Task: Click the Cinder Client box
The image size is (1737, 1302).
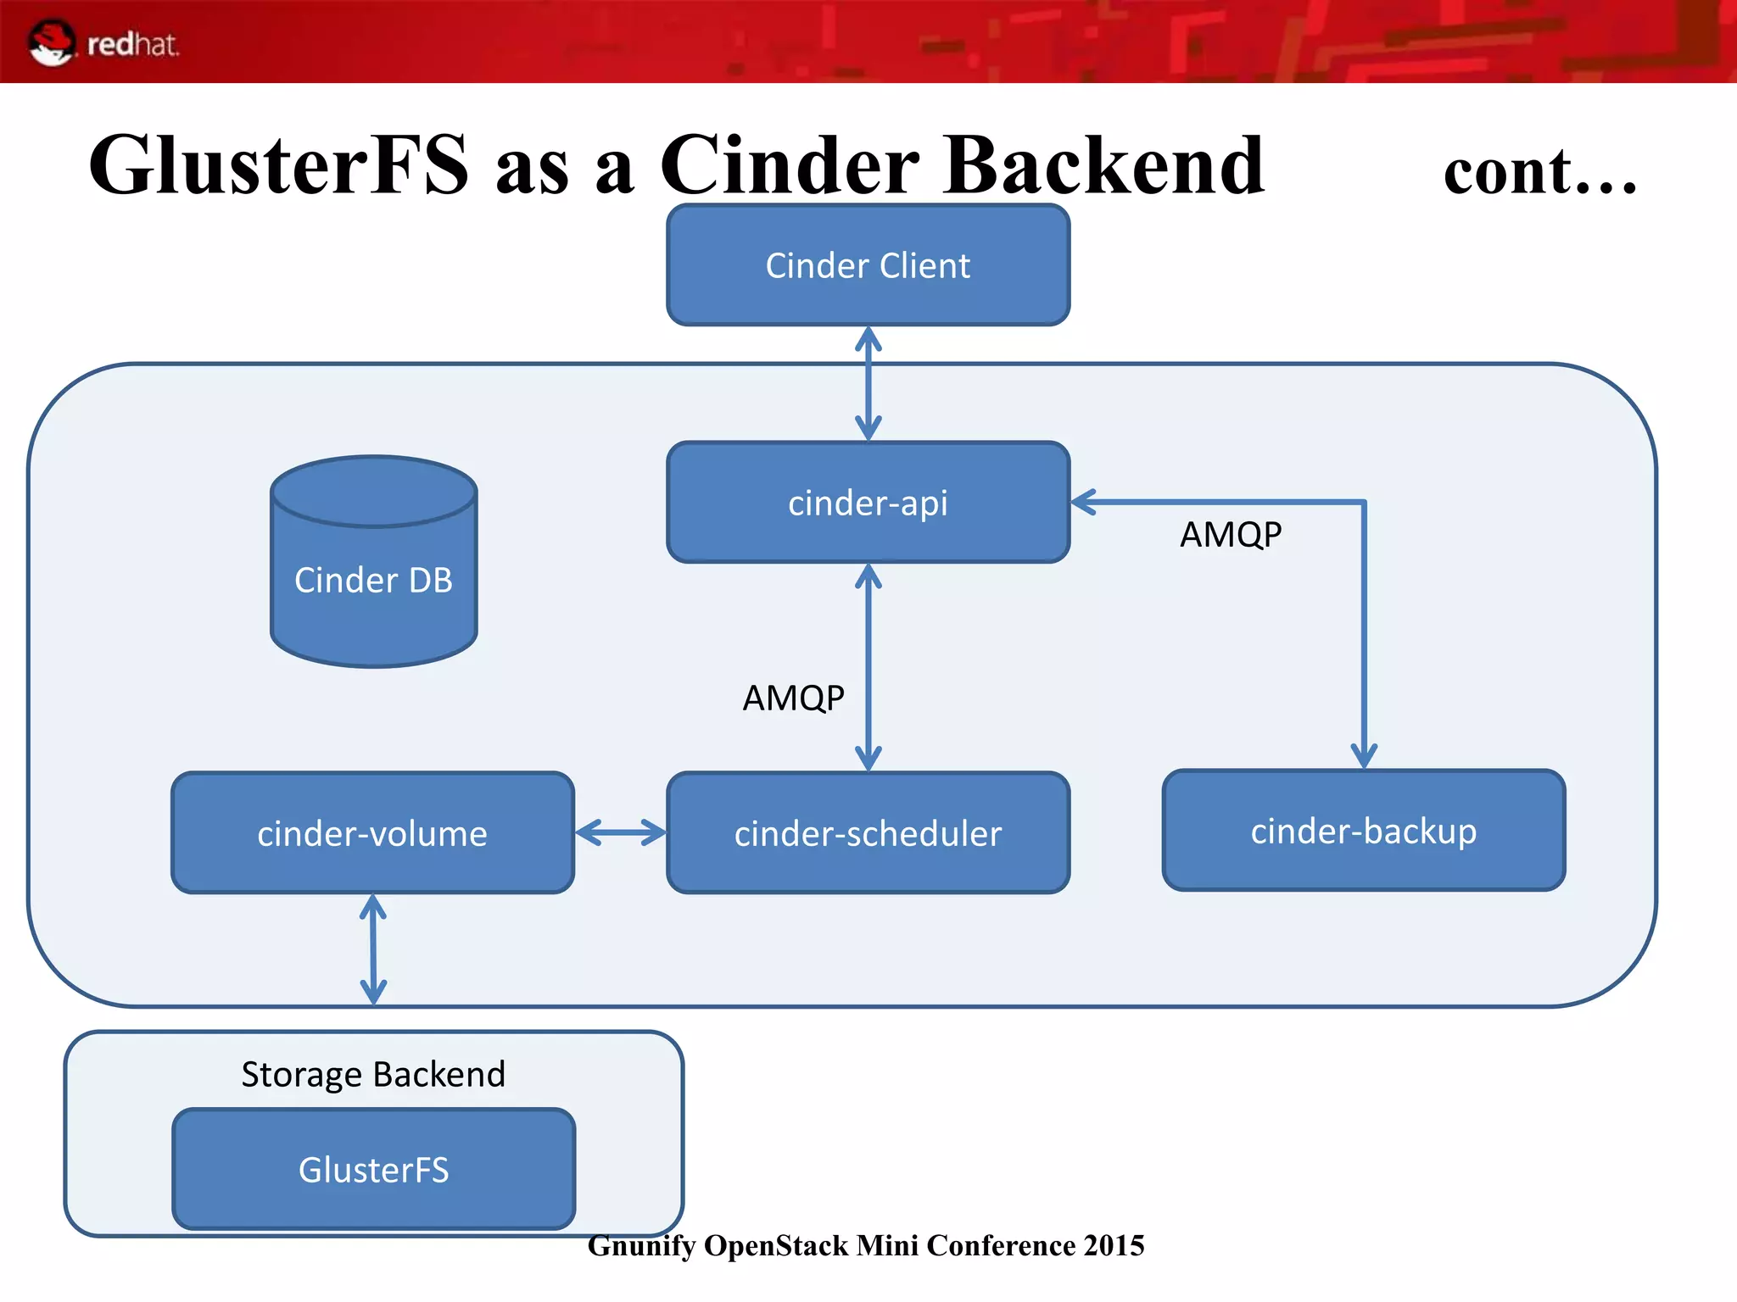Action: pos(868,265)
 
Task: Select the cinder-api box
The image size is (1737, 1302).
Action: pos(868,503)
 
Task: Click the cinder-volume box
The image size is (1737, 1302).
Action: pos(372,833)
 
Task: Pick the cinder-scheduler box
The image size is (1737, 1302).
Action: pos(868,833)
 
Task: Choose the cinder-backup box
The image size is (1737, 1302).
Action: pos(1363,831)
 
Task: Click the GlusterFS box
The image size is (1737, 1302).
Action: pos(373,1170)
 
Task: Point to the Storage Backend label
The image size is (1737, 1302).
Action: pos(373,1074)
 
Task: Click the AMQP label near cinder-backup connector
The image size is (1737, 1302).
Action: pos(1231,535)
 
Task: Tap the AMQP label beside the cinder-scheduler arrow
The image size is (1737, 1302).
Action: pos(793,698)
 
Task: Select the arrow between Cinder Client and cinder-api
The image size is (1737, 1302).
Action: pos(868,383)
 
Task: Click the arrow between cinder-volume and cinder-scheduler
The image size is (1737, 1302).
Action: pos(620,832)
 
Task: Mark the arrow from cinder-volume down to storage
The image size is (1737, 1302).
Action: pos(373,949)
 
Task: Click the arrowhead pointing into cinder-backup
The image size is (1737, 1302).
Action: pos(1363,754)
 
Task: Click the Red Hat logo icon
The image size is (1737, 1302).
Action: pos(52,42)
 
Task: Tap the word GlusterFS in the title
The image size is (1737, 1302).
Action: pos(278,165)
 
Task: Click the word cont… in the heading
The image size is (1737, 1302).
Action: pos(1539,172)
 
